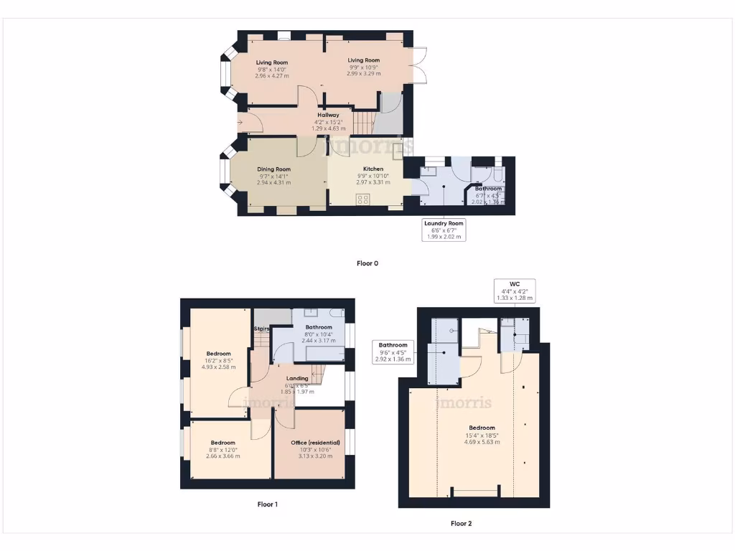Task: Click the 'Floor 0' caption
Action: [367, 263]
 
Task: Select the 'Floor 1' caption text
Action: [267, 504]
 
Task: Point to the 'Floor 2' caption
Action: [461, 524]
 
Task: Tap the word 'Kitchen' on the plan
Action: [373, 169]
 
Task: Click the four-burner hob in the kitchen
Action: [364, 200]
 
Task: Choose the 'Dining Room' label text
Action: [273, 169]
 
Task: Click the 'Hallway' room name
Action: [329, 115]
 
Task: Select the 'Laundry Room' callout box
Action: [444, 230]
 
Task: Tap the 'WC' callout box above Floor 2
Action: [515, 291]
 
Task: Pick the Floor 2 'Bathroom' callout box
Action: [393, 352]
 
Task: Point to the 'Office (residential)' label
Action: [315, 443]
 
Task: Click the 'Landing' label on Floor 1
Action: [297, 378]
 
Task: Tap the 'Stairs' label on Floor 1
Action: [261, 329]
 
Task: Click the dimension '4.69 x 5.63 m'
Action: [483, 442]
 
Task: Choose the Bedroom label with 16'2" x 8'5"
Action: [219, 354]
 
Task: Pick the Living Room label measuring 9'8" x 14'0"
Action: [272, 62]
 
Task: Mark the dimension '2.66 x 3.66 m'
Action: [223, 456]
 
